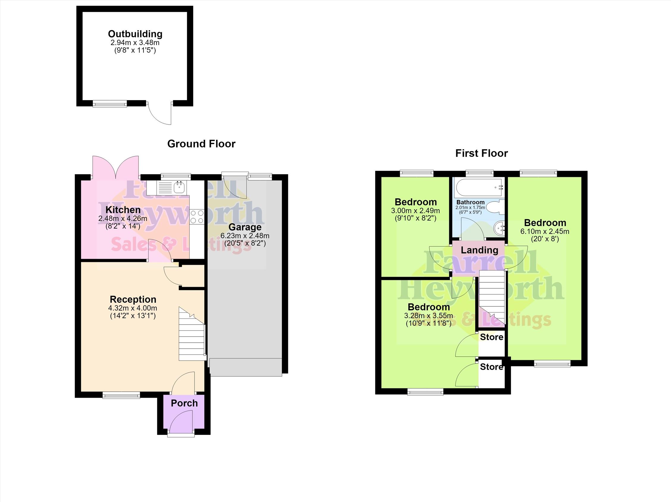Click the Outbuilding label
pos(135,34)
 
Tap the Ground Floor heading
pos(201,144)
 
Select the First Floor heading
pos(482,153)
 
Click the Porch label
pos(184,403)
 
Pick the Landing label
pos(479,250)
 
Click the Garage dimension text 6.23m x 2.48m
pos(245,235)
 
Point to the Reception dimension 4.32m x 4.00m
pos(133,308)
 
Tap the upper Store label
pos(491,337)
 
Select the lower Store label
pos(491,367)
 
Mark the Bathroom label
pos(471,202)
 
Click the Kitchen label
pos(123,210)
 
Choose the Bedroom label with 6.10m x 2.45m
pos(545,223)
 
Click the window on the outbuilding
pos(110,104)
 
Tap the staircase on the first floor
pos(492,298)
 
